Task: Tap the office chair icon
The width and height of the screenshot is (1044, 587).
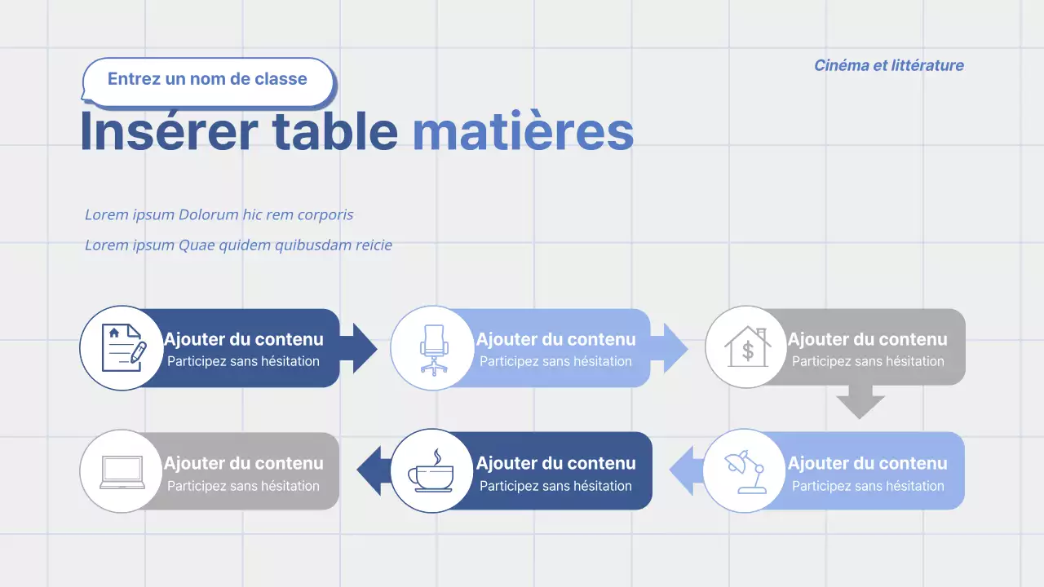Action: coord(434,350)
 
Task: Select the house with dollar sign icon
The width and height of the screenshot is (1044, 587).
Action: coord(748,346)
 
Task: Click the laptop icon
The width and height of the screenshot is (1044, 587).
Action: coord(122,472)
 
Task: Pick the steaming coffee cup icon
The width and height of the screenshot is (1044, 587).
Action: coord(431,470)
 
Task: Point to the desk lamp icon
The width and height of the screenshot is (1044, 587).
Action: coord(745,471)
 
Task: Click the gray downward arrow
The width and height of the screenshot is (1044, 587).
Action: coord(860,402)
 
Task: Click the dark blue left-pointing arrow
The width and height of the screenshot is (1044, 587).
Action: coord(374,470)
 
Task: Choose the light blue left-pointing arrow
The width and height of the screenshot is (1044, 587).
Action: coord(687,470)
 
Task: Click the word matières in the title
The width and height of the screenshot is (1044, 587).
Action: coord(523,131)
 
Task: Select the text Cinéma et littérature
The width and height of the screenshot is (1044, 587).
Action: coord(889,65)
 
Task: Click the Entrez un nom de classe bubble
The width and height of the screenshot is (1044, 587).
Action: coord(208,82)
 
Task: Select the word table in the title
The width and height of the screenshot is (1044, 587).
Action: coord(335,131)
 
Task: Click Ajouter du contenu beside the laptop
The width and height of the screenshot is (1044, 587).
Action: coord(243,463)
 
